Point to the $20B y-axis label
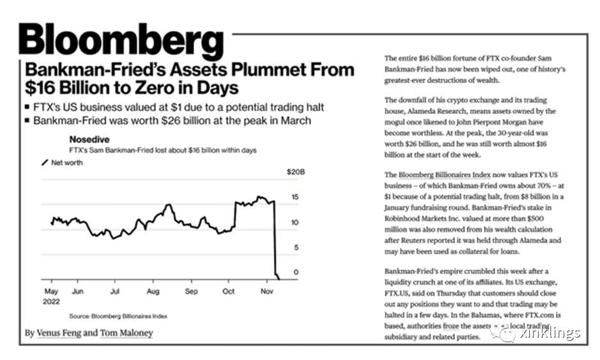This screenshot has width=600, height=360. tap(295, 172)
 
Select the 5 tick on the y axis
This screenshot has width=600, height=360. tap(295, 247)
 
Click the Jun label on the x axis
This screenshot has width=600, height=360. tap(77, 290)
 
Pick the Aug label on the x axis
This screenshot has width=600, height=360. tap(153, 290)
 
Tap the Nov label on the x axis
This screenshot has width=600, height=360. tap(267, 290)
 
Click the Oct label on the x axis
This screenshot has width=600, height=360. tap(229, 290)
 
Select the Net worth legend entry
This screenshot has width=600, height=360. tap(66, 162)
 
